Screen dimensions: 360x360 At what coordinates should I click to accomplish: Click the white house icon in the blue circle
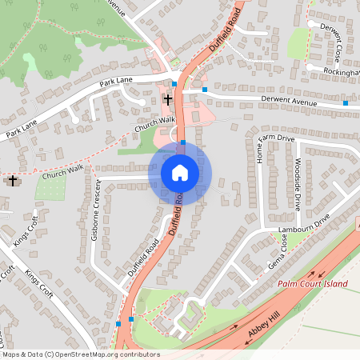click(x=180, y=172)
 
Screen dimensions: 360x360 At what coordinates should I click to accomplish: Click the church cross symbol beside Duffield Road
click(x=168, y=99)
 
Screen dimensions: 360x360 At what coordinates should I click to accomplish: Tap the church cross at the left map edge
click(x=11, y=180)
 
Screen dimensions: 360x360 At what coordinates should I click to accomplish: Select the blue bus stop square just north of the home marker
click(x=183, y=142)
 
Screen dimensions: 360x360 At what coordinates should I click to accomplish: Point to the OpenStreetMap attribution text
click(x=80, y=354)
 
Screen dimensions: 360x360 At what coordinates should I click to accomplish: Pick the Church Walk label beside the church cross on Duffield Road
click(x=154, y=123)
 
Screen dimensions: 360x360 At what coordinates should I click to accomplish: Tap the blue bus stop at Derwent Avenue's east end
click(x=346, y=102)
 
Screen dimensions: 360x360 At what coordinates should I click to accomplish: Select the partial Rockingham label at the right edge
click(x=339, y=71)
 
